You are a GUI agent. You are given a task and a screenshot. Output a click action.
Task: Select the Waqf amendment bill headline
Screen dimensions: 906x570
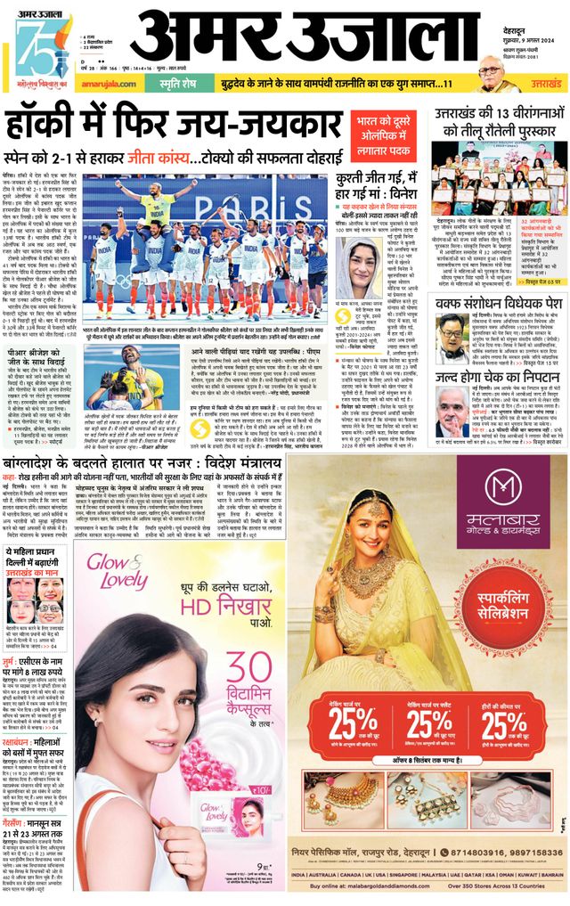point(499,303)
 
